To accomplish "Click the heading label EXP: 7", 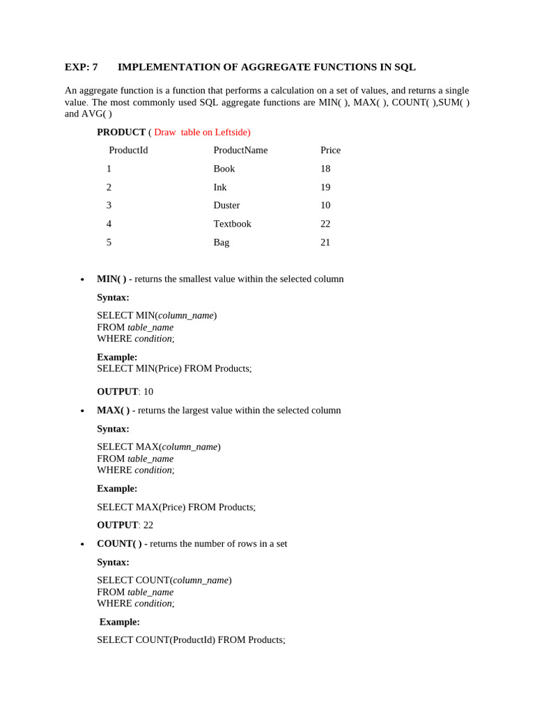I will coord(81,67).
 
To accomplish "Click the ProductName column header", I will coord(240,150).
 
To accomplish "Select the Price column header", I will coord(330,150).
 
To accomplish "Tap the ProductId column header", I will coord(128,150).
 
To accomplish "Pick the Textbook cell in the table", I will coord(232,224).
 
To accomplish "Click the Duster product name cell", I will coord(226,205).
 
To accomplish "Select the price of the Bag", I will coord(325,243).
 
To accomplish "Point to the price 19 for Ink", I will coord(325,187).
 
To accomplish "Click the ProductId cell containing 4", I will coord(109,224).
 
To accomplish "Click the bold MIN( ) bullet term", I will coord(111,279).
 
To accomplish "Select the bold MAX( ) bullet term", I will coord(113,410).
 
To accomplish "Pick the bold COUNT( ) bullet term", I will coord(119,543).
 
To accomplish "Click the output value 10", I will coord(148,392).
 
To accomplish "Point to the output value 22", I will coord(148,525).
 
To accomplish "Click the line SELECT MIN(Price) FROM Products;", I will coord(174,368).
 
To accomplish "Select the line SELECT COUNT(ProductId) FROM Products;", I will coord(191,639).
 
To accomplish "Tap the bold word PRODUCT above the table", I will coord(121,132).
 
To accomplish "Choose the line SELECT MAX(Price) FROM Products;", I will coord(176,507).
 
